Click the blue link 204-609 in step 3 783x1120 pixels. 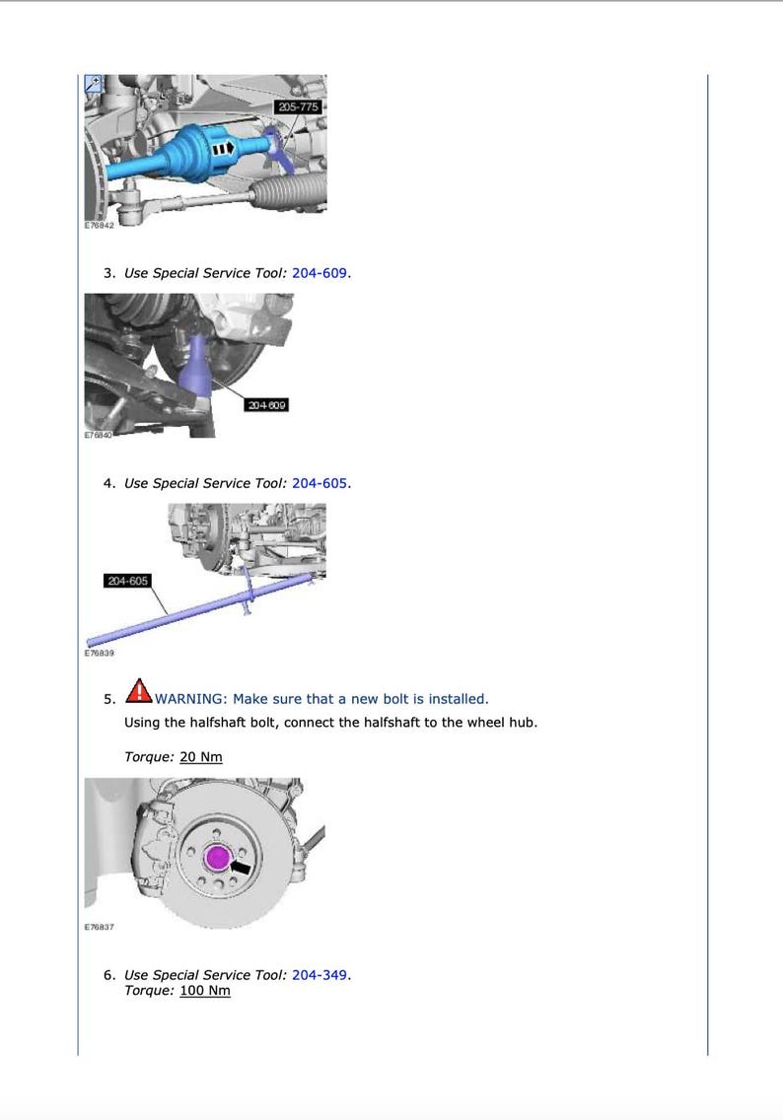(x=320, y=273)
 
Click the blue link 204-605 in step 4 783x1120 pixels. (x=320, y=483)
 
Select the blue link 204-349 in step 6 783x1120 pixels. (x=320, y=975)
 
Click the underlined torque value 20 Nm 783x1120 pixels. (x=200, y=756)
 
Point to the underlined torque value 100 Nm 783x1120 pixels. (x=204, y=990)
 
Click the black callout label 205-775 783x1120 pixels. (x=299, y=105)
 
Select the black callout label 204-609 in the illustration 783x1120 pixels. (x=265, y=405)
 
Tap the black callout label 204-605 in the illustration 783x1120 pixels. (x=127, y=581)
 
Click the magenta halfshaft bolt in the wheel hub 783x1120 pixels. (x=217, y=859)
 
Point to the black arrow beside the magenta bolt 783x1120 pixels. (x=240, y=867)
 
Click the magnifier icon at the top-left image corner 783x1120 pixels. (x=94, y=84)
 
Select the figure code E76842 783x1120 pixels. (x=99, y=225)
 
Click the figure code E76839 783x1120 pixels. (x=99, y=653)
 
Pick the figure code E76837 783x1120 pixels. (x=99, y=927)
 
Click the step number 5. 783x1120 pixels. (x=108, y=700)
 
